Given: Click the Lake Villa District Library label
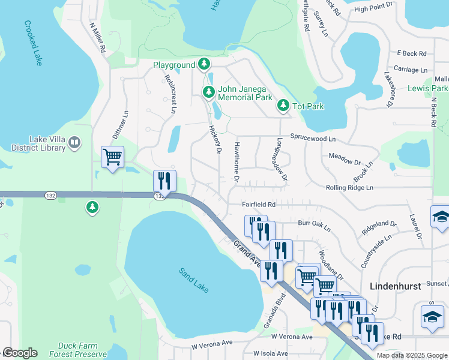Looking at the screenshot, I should click(33, 143).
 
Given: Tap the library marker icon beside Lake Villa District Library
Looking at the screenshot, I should click(74, 143).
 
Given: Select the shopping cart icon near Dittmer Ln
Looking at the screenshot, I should click(112, 157).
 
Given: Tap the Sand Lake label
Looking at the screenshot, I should click(193, 280).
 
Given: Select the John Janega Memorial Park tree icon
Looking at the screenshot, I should click(208, 92).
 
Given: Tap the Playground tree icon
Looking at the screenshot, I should click(204, 64).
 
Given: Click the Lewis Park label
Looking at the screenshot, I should click(427, 88).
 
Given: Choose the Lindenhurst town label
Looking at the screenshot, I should click(394, 287).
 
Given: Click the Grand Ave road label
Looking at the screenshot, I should click(247, 254).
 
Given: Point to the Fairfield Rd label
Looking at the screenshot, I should click(259, 205).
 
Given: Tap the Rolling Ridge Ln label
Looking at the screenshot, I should click(349, 188).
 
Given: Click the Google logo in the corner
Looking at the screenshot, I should click(20, 353).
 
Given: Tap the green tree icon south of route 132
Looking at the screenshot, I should click(92, 208).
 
